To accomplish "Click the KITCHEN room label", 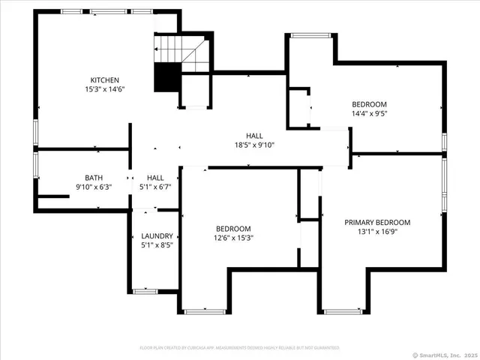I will (x=105, y=79).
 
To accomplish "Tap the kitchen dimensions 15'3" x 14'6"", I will (x=105, y=89).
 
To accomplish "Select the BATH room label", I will (x=94, y=177).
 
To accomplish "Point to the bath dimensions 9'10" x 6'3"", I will (x=94, y=187).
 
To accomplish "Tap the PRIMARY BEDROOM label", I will (x=377, y=222).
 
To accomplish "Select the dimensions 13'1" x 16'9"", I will (x=377, y=232).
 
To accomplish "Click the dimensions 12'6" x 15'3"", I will (x=234, y=238).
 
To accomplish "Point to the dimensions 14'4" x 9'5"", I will (x=369, y=113).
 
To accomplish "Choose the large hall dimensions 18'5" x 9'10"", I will (x=254, y=145).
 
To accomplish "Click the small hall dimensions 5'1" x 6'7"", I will (x=155, y=187).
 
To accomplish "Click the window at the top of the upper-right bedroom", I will (x=310, y=34).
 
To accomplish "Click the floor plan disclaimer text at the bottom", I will (x=239, y=348).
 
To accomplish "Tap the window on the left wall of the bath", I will (x=34, y=166).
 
